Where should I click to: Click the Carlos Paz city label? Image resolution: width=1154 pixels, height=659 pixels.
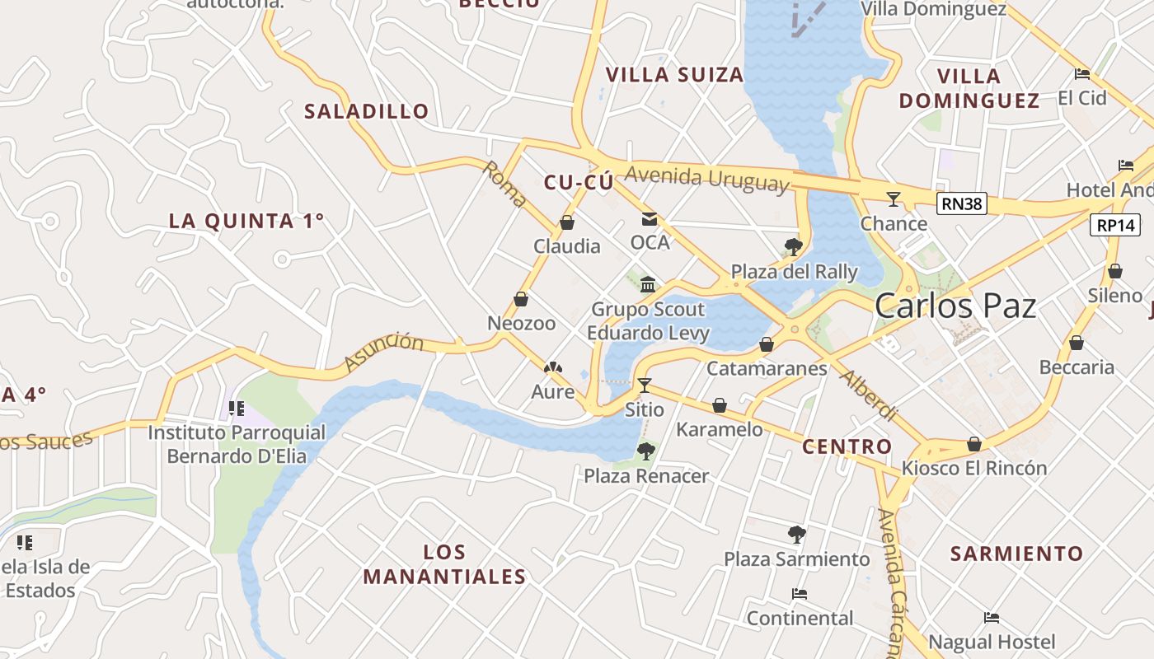tap(955, 306)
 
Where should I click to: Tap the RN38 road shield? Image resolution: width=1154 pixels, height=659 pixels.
tap(962, 203)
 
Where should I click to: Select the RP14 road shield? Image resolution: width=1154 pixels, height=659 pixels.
tap(1114, 225)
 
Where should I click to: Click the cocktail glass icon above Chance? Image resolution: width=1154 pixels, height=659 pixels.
tap(893, 199)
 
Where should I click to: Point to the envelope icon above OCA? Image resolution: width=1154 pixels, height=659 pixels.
tap(650, 219)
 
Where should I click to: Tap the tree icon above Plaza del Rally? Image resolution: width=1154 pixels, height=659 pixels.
tap(794, 246)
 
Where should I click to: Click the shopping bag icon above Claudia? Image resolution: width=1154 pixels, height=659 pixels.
tap(567, 222)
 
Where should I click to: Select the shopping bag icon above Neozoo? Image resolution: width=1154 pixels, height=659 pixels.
tap(521, 299)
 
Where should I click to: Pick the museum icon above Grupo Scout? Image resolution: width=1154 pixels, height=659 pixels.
tap(648, 285)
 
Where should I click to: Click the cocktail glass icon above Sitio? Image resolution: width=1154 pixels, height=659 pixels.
tap(645, 385)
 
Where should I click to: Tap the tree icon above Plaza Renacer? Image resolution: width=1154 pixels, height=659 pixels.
tap(646, 451)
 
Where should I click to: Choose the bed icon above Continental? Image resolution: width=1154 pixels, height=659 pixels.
tap(799, 593)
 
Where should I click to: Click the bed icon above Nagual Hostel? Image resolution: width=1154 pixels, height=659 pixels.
tap(992, 618)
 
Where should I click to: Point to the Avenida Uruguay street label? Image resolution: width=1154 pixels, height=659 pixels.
tap(706, 179)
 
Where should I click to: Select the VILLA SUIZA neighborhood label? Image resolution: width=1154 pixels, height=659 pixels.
tap(675, 75)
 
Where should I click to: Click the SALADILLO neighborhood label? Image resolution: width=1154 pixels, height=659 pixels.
tap(367, 111)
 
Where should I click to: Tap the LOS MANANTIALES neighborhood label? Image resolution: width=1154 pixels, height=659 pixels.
tap(444, 564)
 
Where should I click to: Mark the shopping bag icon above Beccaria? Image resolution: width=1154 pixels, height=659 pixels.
tap(1077, 343)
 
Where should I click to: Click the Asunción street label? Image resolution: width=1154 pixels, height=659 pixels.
tap(383, 352)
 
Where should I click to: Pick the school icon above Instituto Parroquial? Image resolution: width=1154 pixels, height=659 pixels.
tap(237, 408)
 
